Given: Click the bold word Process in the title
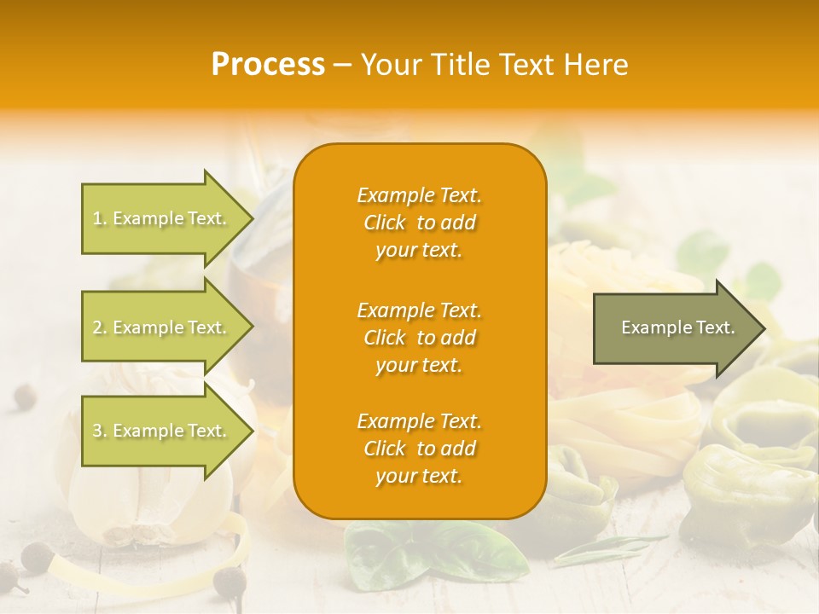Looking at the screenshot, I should (268, 65).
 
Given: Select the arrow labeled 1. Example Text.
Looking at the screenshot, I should (162, 219).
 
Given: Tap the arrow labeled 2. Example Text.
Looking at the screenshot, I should (162, 328).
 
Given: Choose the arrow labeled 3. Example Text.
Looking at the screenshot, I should (162, 432).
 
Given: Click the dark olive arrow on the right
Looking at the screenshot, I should (674, 328).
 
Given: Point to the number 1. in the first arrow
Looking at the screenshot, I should (100, 219).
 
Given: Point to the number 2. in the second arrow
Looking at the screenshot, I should (100, 328).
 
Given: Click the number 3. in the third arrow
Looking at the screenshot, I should (100, 432).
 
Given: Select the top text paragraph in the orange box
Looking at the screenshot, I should (419, 223).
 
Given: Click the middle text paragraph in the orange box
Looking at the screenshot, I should (419, 338).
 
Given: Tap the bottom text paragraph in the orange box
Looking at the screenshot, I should (419, 449).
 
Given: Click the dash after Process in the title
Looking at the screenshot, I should (342, 65).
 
